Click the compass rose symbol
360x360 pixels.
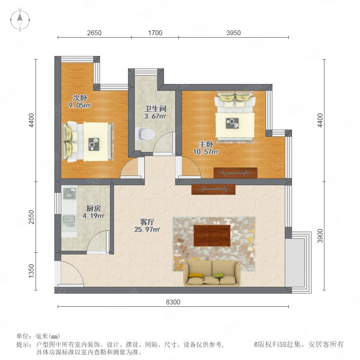pos(20,20)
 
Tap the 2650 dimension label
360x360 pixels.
pos(94,33)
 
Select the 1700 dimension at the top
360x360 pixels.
pos(155,33)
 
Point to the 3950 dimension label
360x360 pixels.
pos(234,33)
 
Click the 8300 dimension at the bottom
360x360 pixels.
pos(173,302)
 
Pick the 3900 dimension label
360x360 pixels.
pos(320,236)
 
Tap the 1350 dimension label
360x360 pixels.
pos(31,271)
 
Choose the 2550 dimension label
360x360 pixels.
pos(31,217)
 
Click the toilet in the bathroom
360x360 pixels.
pos(145,134)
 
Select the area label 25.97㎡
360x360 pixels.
pos(147,229)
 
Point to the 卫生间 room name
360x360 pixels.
pos(156,108)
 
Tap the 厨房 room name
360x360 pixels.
pos(94,208)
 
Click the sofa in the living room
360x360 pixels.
pos(212,273)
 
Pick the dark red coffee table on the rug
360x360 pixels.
pos(212,236)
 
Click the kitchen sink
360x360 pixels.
pos(69,221)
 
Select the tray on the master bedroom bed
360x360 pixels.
pos(232,123)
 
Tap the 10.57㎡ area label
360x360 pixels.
pos(206,152)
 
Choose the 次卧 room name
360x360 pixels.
pos(80,98)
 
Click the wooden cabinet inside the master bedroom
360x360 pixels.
pos(235,173)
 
